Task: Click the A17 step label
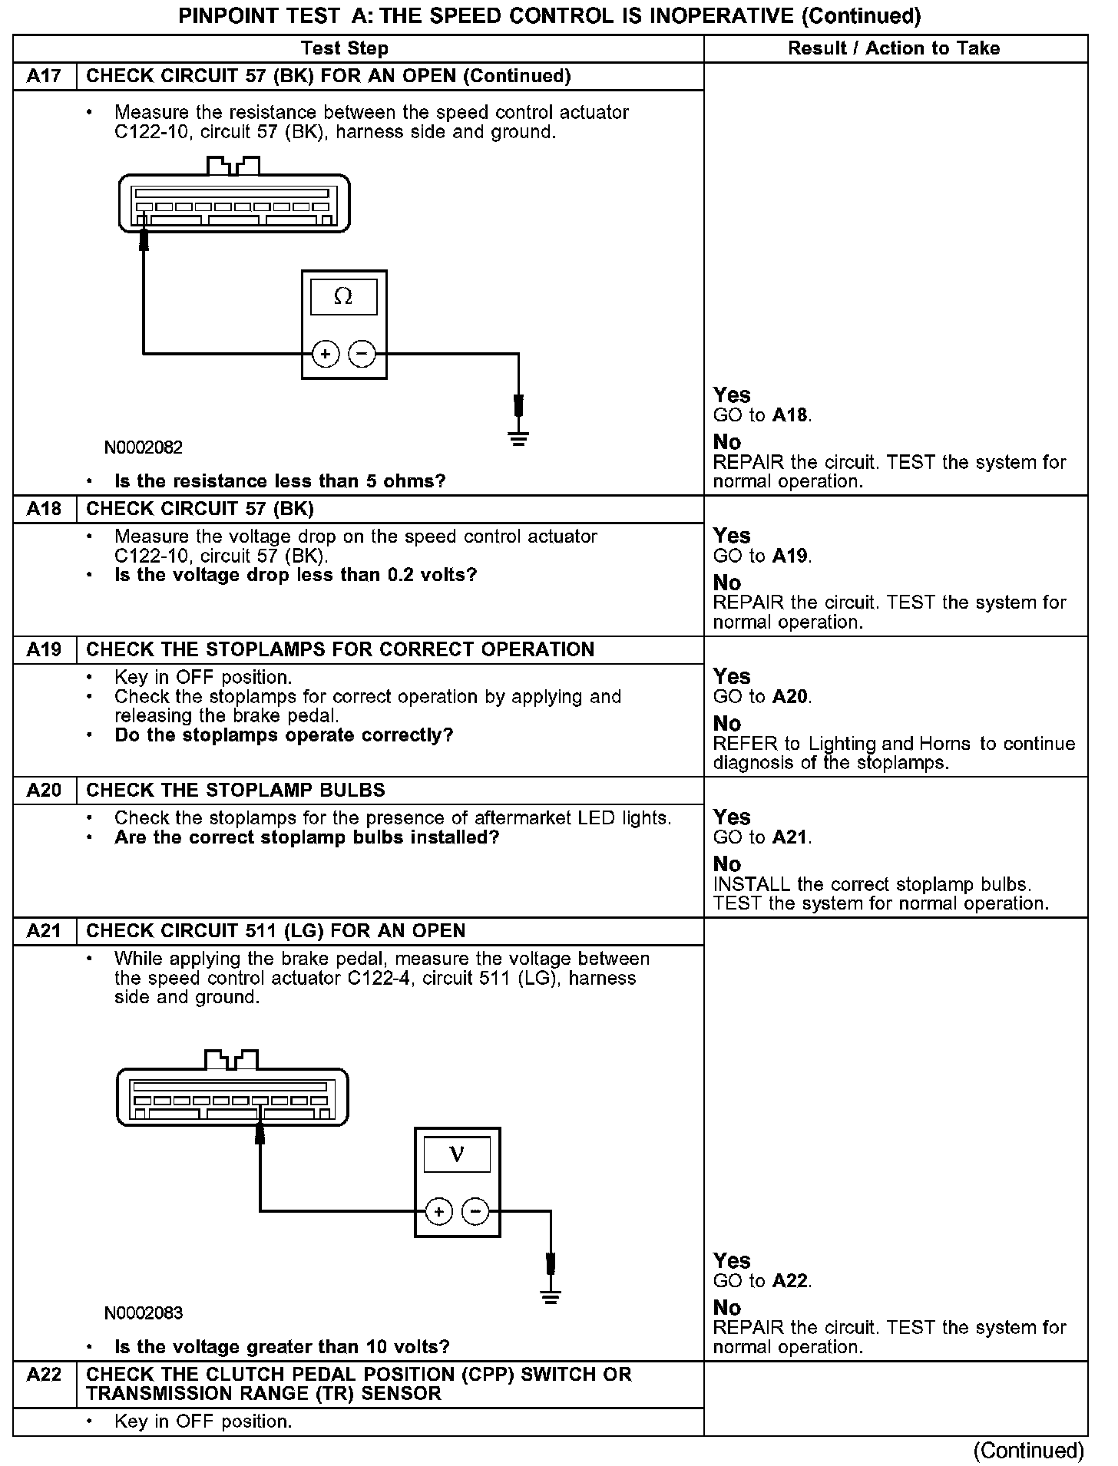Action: coord(44,76)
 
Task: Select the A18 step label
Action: coord(44,509)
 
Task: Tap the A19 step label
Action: coord(44,649)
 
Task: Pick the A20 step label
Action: coord(44,790)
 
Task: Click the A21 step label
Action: coord(44,931)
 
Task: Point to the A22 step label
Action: coord(44,1374)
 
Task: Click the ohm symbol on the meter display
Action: coord(343,296)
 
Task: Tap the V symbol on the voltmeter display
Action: coord(457,1154)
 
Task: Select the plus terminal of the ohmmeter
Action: coord(326,354)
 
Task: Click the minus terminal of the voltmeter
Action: coord(476,1212)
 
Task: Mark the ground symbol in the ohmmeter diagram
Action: coord(519,439)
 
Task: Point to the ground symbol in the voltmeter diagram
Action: coord(550,1298)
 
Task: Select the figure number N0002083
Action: coord(144,1313)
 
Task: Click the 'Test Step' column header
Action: coord(345,48)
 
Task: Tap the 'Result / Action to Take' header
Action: coord(894,48)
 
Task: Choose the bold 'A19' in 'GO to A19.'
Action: coord(791,556)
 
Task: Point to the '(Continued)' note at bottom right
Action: coord(1028,1450)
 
